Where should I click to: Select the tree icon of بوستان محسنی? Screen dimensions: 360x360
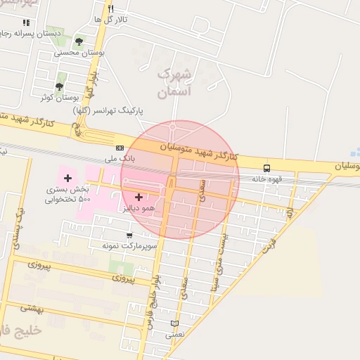click(x=78, y=42)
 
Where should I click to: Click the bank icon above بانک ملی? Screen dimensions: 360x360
click(x=120, y=148)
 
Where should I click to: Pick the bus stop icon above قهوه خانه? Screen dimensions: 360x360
click(x=266, y=168)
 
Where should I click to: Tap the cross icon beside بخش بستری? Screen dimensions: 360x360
click(x=67, y=179)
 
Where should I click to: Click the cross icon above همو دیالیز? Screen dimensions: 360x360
click(x=138, y=197)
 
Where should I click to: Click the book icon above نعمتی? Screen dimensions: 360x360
click(x=174, y=323)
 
